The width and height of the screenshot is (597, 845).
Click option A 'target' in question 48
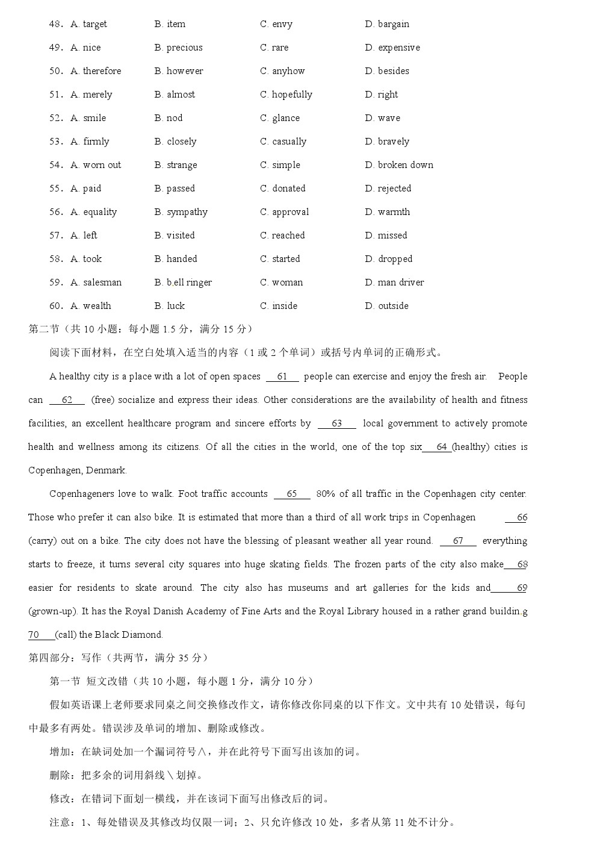[x=88, y=24]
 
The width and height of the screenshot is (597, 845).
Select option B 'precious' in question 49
[x=178, y=48]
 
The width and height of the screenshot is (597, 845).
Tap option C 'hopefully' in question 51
[x=286, y=95]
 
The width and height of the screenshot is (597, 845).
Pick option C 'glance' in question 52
[x=280, y=118]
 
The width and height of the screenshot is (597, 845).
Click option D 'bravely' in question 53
[x=387, y=142]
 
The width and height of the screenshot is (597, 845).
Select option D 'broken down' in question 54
[x=399, y=165]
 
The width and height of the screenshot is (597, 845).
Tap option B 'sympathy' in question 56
[x=181, y=212]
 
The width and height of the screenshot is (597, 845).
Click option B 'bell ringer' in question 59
[x=183, y=282]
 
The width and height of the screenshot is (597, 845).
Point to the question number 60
[x=56, y=306]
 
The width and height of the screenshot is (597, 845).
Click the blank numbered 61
[x=282, y=377]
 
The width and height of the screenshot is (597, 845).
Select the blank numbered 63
[x=337, y=424]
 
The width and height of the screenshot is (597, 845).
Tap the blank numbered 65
[x=292, y=494]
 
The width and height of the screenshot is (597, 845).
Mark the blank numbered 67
[x=458, y=541]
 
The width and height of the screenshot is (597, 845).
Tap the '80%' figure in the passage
[x=326, y=494]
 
